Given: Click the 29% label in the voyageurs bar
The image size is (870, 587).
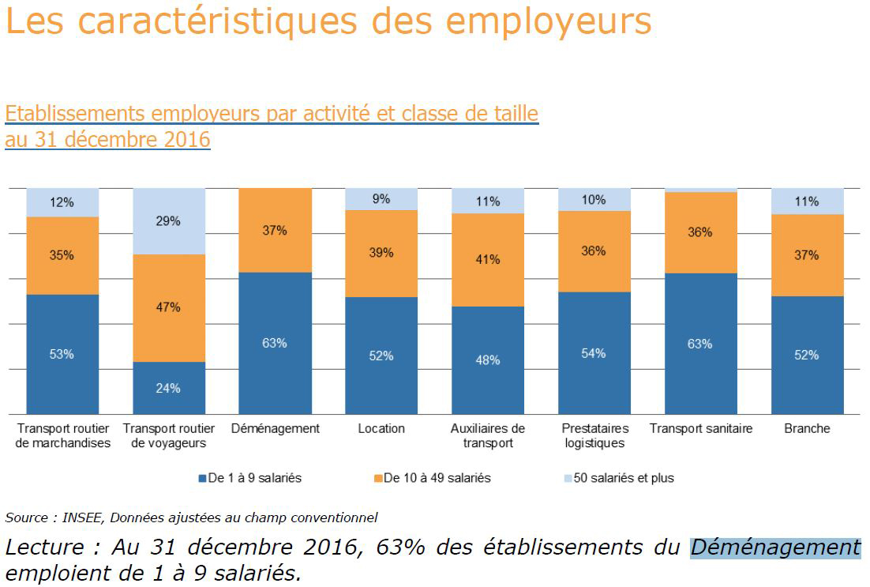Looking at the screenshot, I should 168,221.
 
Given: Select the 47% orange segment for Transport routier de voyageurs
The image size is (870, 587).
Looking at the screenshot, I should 168,307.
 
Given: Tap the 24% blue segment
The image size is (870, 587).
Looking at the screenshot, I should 168,388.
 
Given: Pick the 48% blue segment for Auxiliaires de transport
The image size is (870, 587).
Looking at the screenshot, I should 487,360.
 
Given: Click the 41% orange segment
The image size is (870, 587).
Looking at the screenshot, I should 487,259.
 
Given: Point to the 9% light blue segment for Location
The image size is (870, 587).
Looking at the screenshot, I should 381,199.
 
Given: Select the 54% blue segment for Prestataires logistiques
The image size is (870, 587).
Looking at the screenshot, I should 594,353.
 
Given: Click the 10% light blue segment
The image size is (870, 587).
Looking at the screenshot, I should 594,200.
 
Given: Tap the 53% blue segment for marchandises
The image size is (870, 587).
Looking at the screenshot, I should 62,354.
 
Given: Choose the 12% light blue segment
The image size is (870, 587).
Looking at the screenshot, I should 62,202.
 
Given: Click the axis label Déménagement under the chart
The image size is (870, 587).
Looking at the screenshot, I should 275,428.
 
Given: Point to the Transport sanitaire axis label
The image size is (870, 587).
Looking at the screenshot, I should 700,428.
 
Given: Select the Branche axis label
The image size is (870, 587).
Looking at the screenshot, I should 807,428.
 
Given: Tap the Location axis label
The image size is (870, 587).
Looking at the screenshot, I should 381,428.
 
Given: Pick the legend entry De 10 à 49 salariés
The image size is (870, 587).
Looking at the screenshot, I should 437,478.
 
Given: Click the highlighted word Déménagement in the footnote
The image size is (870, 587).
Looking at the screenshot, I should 775,547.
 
